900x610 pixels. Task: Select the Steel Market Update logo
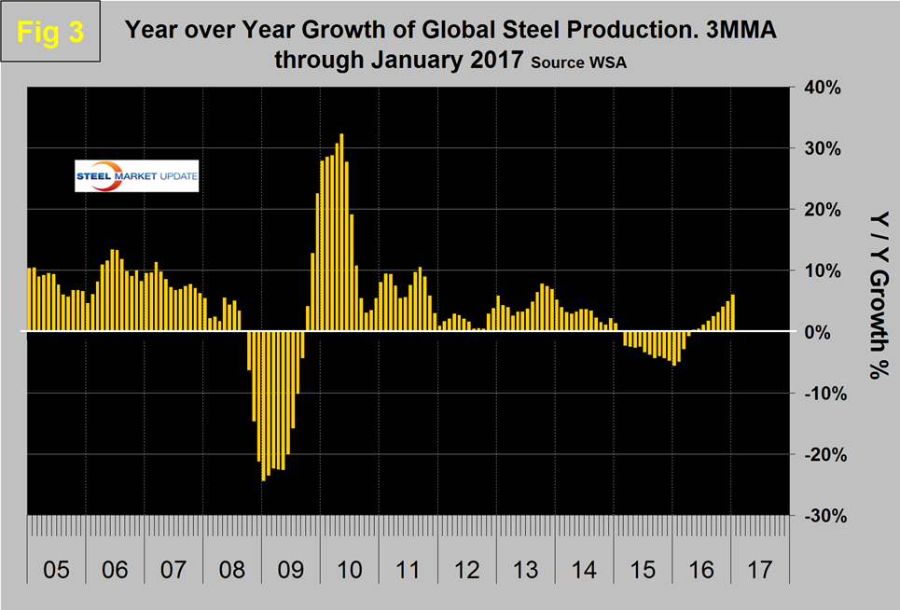137,177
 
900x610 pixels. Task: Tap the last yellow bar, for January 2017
733,312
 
